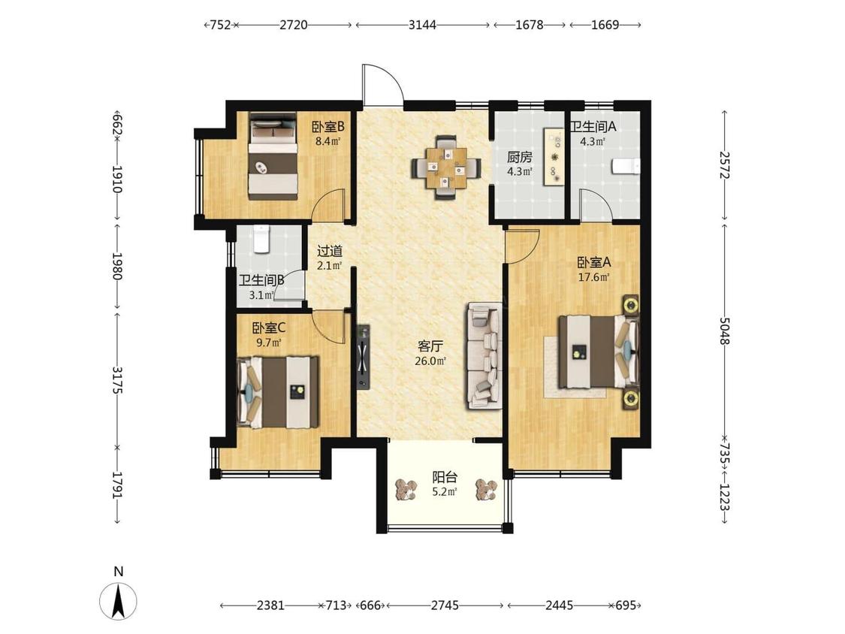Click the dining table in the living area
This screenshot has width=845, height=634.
[445, 168]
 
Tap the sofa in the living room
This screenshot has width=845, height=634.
[484, 356]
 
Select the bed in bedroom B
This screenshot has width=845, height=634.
[273, 155]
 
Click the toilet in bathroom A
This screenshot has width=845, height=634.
[626, 167]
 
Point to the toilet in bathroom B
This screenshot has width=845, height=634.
[261, 239]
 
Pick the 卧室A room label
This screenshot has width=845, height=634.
[594, 263]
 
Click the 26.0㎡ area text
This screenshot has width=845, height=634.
[430, 361]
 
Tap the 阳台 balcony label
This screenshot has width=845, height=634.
[445, 477]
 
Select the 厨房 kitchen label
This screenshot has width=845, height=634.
[520, 158]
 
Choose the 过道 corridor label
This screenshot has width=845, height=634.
[329, 251]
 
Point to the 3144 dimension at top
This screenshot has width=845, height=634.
[422, 25]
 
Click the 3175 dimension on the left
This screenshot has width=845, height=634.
[117, 380]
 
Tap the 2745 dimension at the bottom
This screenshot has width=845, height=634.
[445, 605]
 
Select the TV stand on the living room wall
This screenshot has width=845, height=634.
[363, 356]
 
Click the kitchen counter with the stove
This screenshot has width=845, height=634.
[554, 156]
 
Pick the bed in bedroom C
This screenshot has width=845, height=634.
[277, 392]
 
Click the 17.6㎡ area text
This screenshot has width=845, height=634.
[594, 278]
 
